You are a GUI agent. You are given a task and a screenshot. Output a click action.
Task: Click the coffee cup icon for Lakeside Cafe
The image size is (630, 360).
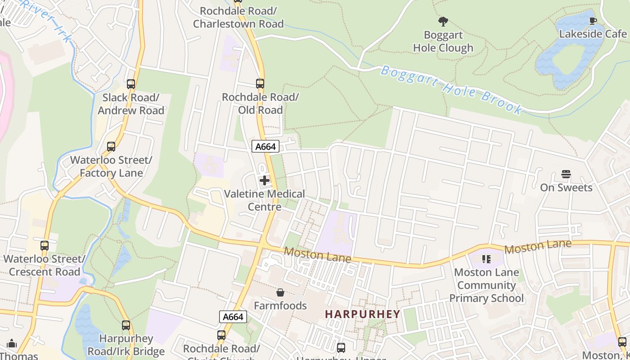pos(593,21)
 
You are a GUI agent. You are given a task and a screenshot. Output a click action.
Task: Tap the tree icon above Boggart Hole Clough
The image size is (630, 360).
pos(443,21)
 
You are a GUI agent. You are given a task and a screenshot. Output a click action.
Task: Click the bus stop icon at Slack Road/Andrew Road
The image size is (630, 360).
pos(131,84)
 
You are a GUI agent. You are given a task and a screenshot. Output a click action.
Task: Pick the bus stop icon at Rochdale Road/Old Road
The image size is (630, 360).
pos(260,83)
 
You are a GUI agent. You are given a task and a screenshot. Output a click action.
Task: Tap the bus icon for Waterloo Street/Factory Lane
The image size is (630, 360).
pos(111,146)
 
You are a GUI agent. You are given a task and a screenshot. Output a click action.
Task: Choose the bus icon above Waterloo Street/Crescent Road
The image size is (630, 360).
pos(45,246)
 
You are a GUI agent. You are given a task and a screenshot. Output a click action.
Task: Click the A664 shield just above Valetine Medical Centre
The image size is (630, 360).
pos(265,146)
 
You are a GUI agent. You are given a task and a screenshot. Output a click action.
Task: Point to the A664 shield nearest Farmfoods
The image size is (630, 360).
pos(233,317)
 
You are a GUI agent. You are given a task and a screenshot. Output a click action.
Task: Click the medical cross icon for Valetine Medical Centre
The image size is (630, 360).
pos(265,180)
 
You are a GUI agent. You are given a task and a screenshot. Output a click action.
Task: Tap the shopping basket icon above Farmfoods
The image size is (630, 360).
pos(280,293)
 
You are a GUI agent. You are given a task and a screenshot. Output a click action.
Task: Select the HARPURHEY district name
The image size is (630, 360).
pos(362,314)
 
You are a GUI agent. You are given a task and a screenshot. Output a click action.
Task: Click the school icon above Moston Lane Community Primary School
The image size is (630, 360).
pos(486,259)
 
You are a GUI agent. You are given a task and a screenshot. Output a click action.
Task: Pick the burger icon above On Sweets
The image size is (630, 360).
pos(566,174)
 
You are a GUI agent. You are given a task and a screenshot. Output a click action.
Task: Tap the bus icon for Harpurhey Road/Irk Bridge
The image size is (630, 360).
pos(126,325)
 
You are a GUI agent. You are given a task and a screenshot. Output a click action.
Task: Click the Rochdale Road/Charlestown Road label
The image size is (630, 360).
pos(238,17)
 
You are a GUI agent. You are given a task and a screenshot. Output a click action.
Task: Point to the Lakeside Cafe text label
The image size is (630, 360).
pos(593,34)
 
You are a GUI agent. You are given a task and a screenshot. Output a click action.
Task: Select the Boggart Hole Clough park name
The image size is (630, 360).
pos(443,41)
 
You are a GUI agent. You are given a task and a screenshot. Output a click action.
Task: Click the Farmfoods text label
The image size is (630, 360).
pos(280,306)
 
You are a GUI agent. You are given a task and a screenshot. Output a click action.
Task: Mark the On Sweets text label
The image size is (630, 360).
pos(566,188)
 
